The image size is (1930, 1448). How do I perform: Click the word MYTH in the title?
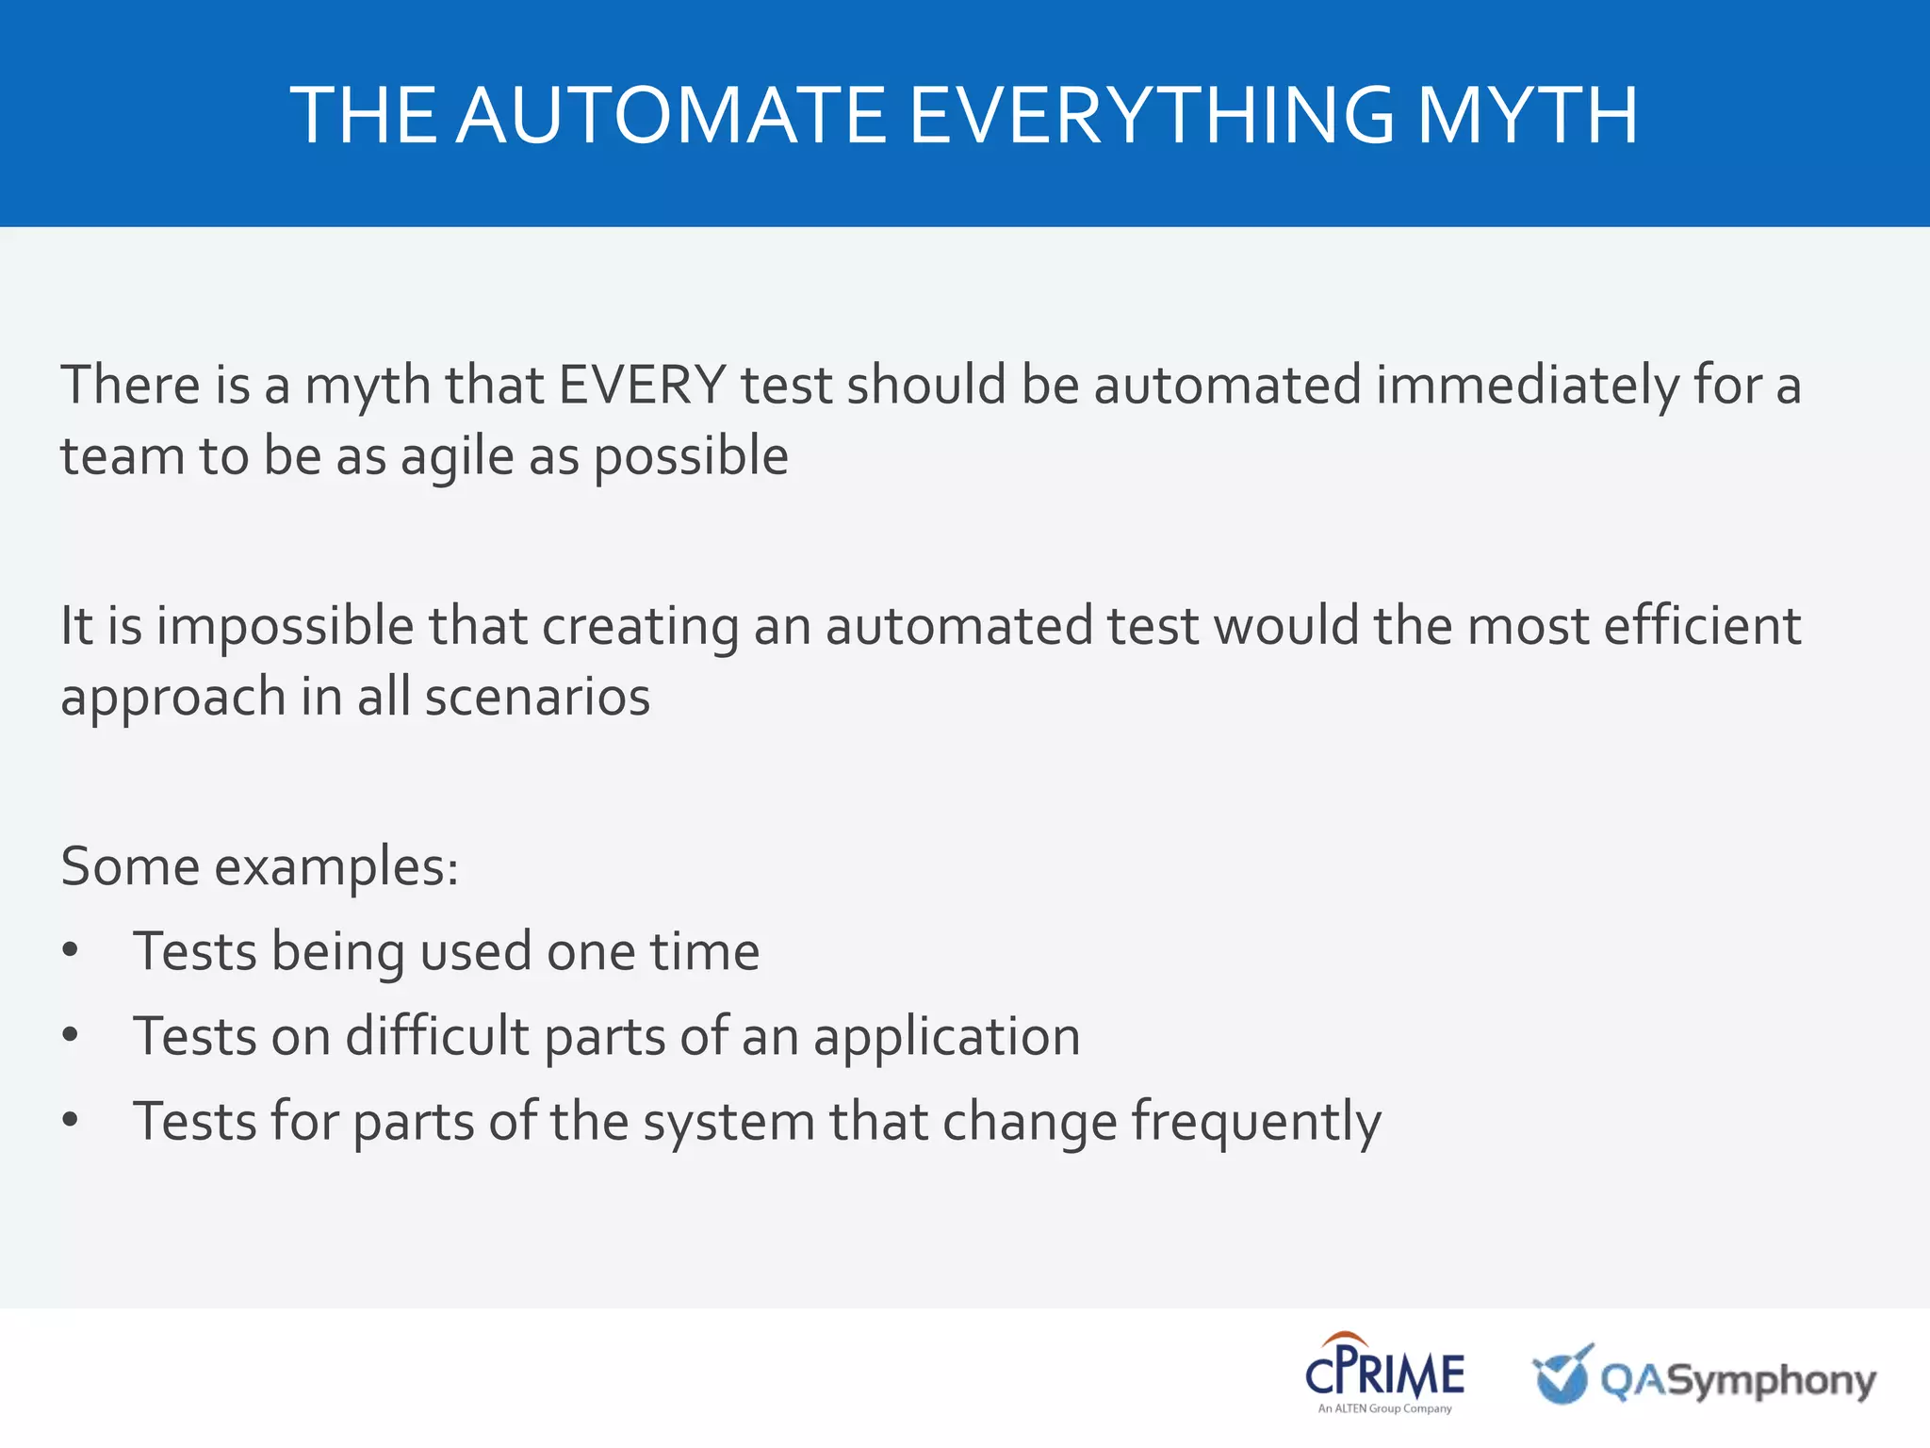[x=1527, y=115]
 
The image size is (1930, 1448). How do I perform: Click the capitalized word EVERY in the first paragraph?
[x=642, y=385]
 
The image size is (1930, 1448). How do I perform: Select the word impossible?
[x=285, y=627]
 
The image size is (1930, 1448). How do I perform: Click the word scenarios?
[x=537, y=698]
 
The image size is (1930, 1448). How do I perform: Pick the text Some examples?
[x=259, y=866]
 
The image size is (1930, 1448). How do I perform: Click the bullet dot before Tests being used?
[x=70, y=950]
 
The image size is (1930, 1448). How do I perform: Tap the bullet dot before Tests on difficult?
[x=70, y=1035]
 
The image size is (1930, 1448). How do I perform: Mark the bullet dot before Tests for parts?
[x=70, y=1120]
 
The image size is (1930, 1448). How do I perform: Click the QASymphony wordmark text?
[x=1738, y=1381]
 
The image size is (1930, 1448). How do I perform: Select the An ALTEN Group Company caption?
[x=1384, y=1408]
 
